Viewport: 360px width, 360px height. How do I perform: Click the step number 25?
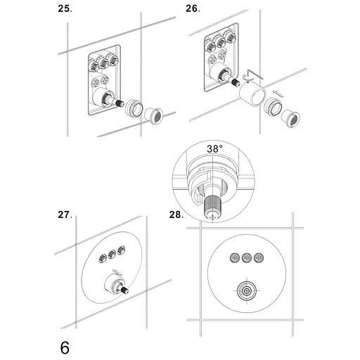click(65, 9)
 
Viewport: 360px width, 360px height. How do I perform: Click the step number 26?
click(193, 9)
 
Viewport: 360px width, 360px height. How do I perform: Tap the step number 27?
click(65, 214)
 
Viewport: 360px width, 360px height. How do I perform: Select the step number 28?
click(176, 214)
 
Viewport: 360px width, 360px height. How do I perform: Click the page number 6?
click(65, 348)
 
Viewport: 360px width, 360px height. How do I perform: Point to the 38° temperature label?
click(214, 149)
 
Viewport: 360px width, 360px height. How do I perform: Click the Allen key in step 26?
click(255, 73)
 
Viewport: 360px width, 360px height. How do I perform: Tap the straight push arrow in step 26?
click(278, 93)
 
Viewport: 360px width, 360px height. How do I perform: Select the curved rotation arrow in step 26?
click(245, 77)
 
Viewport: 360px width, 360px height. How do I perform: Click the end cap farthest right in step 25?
click(153, 116)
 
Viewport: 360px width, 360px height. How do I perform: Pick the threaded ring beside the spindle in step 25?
click(134, 108)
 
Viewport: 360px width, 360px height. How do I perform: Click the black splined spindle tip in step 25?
click(120, 103)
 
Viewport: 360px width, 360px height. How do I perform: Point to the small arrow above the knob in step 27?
click(117, 272)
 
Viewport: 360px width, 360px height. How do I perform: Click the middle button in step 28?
click(247, 258)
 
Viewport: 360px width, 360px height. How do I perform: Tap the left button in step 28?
click(235, 258)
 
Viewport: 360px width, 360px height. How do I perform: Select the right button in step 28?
click(259, 258)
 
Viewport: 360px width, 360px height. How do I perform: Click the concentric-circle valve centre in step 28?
click(247, 290)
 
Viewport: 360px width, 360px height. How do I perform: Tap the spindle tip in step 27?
click(125, 290)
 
